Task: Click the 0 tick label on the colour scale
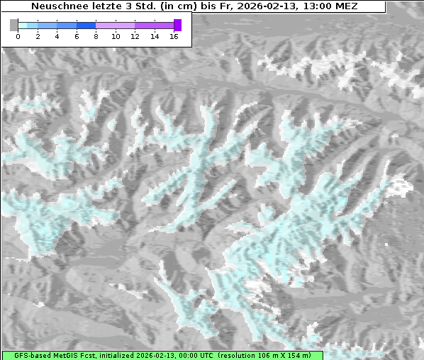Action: click(x=18, y=36)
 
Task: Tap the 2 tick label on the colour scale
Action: click(x=38, y=36)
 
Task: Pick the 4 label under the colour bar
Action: click(x=57, y=36)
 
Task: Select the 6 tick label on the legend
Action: click(x=77, y=36)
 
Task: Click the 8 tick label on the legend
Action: click(x=96, y=36)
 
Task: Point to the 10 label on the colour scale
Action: click(x=116, y=36)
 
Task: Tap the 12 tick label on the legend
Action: click(x=135, y=36)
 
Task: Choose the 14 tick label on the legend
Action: click(x=155, y=36)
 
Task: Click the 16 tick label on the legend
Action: click(x=174, y=36)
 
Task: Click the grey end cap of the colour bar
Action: click(x=14, y=25)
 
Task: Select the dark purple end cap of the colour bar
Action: click(x=177, y=25)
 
